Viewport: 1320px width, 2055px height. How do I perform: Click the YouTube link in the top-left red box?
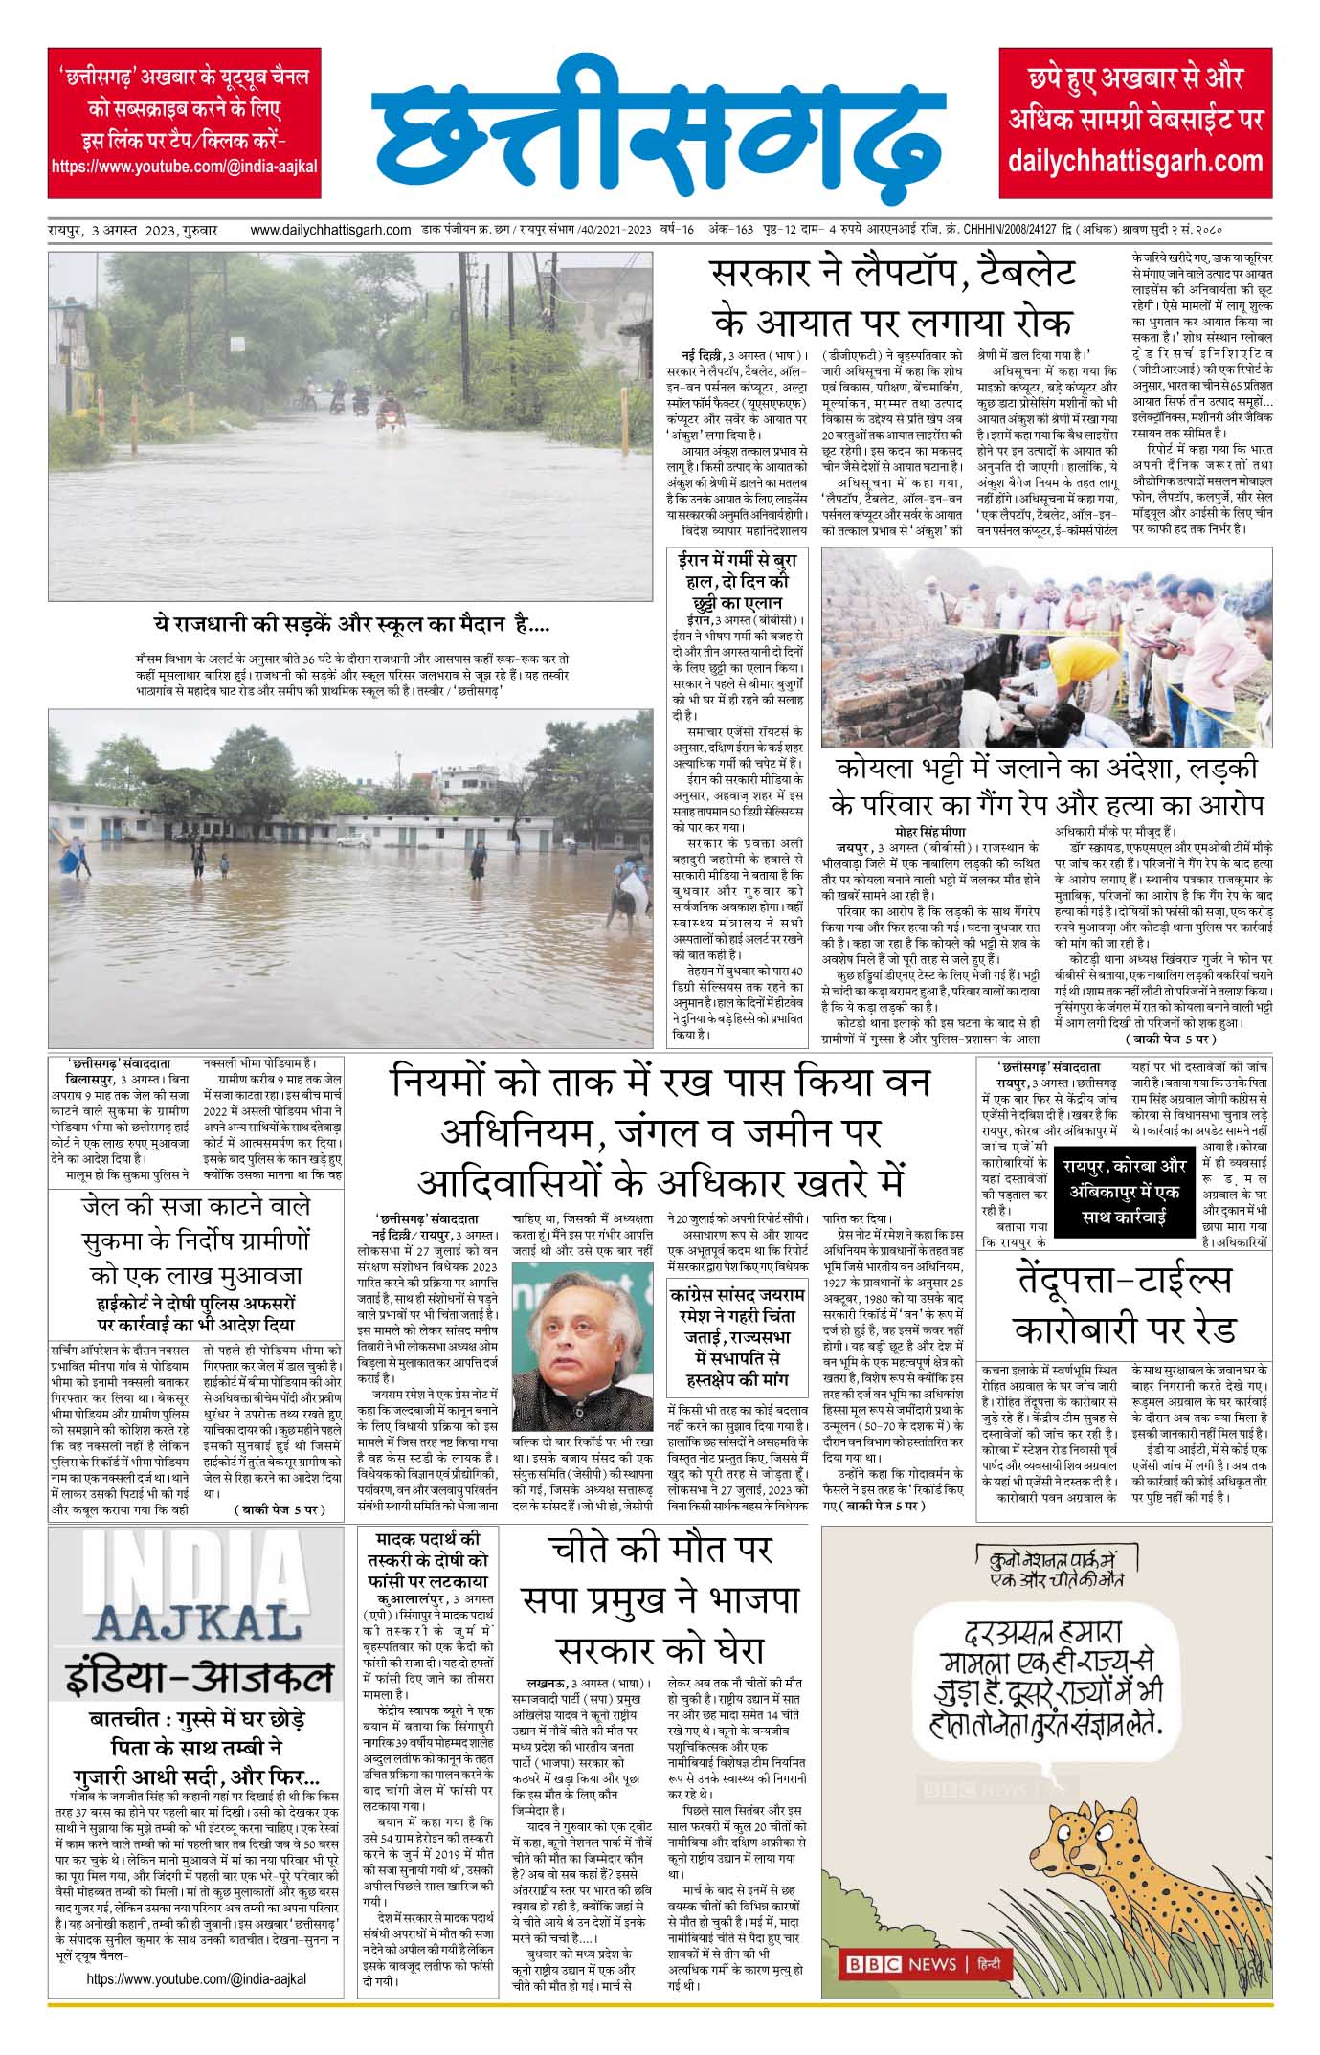point(184,166)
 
